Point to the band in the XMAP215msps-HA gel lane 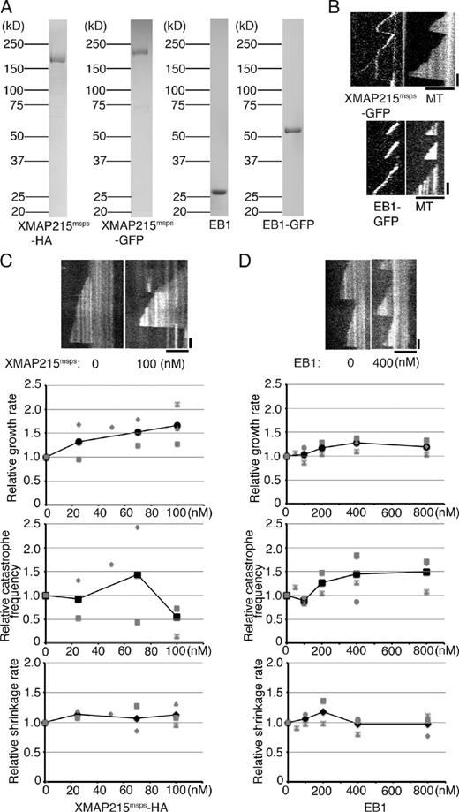(x=55, y=60)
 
